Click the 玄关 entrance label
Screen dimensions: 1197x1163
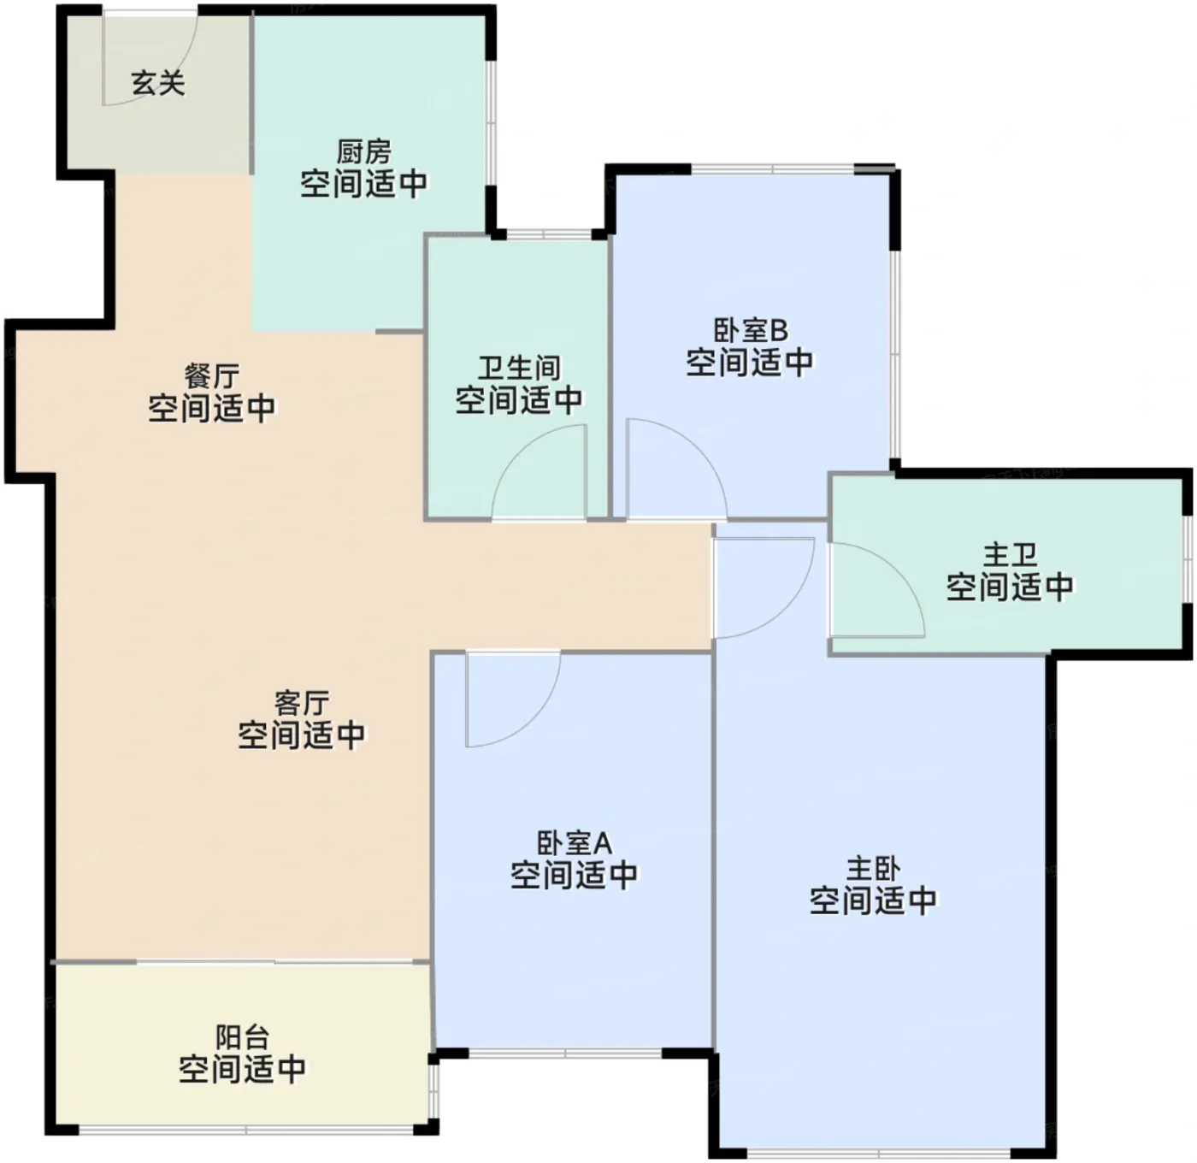coord(158,84)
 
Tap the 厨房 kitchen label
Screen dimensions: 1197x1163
coord(363,152)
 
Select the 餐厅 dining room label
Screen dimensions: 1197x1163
coord(211,376)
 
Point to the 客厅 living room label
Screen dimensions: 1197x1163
coord(302,703)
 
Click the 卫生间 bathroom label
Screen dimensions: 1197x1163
coord(519,368)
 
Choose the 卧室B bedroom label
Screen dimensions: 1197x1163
coord(751,330)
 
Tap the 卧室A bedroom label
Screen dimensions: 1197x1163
coord(575,843)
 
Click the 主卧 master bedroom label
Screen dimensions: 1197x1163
coord(874,870)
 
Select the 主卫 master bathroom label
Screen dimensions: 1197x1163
coord(1010,555)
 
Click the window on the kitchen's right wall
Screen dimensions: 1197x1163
coord(491,121)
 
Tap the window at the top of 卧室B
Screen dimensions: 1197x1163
coord(773,168)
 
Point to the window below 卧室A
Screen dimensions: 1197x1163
coord(565,1054)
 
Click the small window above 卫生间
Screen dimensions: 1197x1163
coord(549,234)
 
